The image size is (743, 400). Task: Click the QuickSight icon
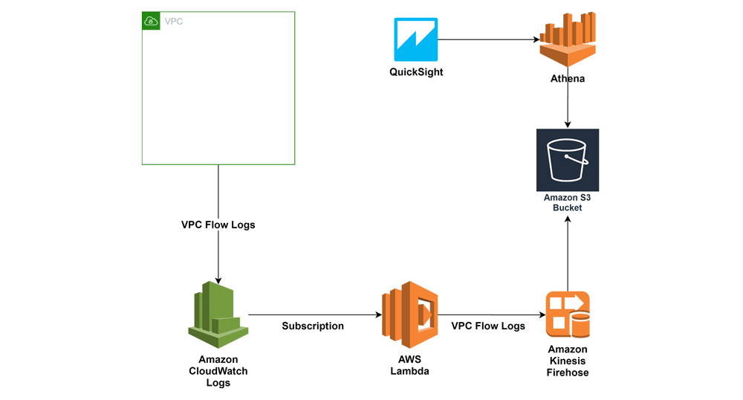[x=415, y=40]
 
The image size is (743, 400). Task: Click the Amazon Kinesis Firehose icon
[x=568, y=314]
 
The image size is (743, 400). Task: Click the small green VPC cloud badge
[x=151, y=21]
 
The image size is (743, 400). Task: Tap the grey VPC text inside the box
[x=173, y=22]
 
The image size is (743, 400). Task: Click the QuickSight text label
[x=416, y=72]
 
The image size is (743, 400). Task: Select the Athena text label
[x=568, y=78]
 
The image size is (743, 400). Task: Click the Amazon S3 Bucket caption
[x=568, y=202]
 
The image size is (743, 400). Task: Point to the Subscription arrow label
[x=313, y=326]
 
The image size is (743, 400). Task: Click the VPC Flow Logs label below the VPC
[x=218, y=225]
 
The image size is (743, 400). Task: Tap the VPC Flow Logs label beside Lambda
[x=488, y=326]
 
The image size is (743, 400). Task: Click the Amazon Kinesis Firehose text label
[x=568, y=361]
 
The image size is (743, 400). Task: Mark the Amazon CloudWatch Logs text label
[x=218, y=371]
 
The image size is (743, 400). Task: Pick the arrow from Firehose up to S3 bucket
[x=568, y=253]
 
